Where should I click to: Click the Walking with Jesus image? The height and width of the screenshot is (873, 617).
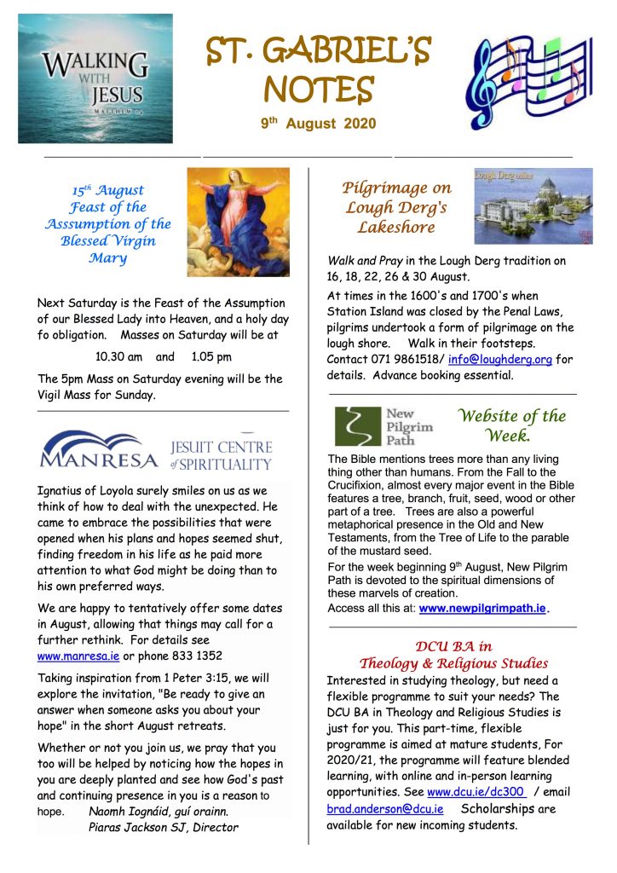click(x=95, y=78)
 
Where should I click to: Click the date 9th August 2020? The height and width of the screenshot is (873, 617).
click(x=318, y=124)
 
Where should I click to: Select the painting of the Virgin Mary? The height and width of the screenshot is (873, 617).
click(x=238, y=222)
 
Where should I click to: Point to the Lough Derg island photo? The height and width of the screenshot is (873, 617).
click(x=533, y=206)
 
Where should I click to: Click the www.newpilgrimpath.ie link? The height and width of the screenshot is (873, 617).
click(x=482, y=609)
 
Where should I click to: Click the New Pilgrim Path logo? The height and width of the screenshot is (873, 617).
click(x=383, y=426)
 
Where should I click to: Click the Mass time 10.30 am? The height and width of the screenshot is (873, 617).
click(x=118, y=357)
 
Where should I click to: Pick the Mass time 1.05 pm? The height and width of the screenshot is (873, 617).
click(x=210, y=357)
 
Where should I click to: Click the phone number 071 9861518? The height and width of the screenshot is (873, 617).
click(x=405, y=359)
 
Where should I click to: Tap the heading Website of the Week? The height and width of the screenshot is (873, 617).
click(x=510, y=425)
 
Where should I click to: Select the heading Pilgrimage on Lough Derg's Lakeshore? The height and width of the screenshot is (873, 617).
click(x=396, y=207)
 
